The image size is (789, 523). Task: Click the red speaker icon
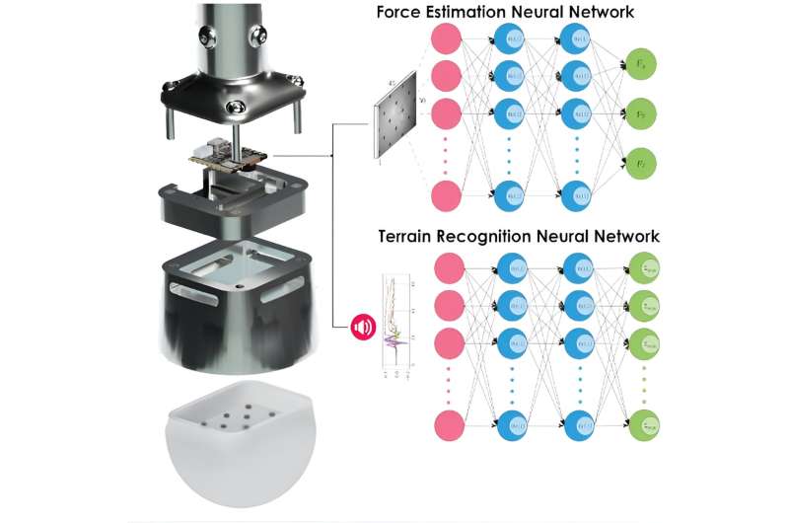(362, 325)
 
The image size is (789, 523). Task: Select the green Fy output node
(643, 112)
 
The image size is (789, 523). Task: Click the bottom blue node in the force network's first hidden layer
(514, 195)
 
